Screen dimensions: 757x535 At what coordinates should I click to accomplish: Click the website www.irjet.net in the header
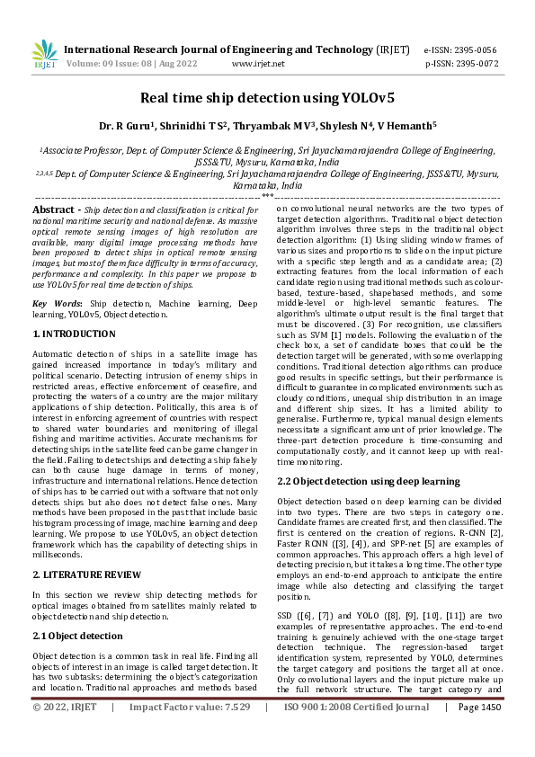click(258, 64)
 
